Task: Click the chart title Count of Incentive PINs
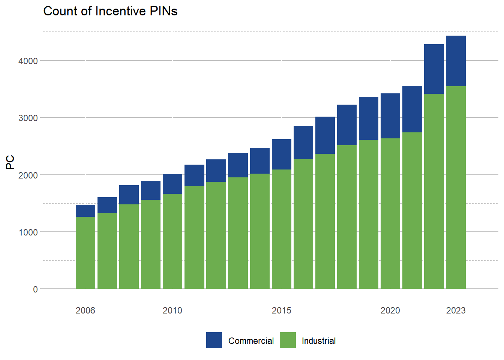coord(110,11)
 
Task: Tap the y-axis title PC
coord(10,162)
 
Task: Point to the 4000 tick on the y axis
coord(28,61)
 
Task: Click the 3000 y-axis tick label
coord(28,118)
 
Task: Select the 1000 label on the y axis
coord(28,232)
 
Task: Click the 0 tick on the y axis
coord(35,289)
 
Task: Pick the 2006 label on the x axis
coord(85,310)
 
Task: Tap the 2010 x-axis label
coord(172,310)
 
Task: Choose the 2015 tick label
coord(282,310)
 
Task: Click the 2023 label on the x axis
coord(456,310)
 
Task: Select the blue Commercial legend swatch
coord(214,340)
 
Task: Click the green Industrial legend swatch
coord(288,340)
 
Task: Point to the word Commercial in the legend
coord(251,341)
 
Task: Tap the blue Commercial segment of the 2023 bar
coord(456,61)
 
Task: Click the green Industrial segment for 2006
coord(85,253)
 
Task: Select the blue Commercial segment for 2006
coord(85,211)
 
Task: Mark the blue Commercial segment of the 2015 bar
coord(282,154)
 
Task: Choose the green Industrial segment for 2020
coord(390,214)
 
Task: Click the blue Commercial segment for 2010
coord(172,184)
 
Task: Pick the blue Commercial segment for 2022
coord(434,69)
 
